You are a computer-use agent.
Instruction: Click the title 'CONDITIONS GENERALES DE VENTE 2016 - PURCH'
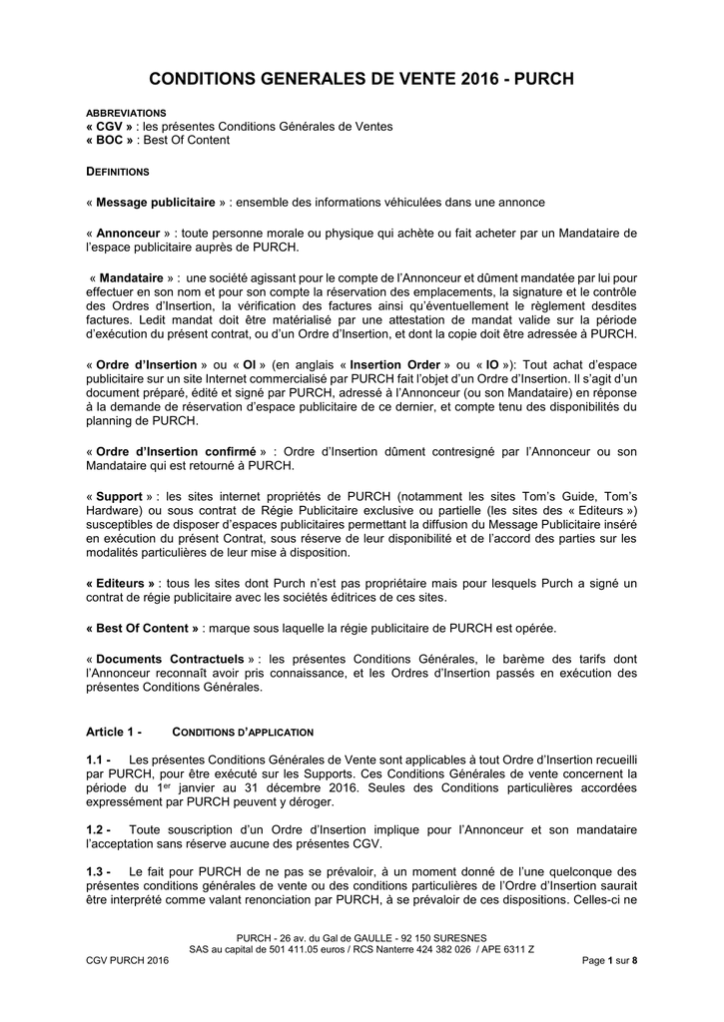pos(362,78)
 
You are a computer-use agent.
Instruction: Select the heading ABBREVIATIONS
pos(126,114)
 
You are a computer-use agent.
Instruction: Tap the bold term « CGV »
pos(110,127)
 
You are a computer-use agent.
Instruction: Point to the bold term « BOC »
pos(110,140)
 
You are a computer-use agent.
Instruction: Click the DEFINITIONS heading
pos(118,172)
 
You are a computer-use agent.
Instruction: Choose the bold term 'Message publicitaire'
pos(155,203)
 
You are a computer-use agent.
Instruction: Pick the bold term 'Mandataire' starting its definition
pos(133,277)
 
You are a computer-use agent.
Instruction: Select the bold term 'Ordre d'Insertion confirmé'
pos(176,451)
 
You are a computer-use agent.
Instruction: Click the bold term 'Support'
pos(119,496)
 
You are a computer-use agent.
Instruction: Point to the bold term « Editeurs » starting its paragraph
pos(121,583)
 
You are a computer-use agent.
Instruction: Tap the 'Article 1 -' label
pos(115,732)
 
